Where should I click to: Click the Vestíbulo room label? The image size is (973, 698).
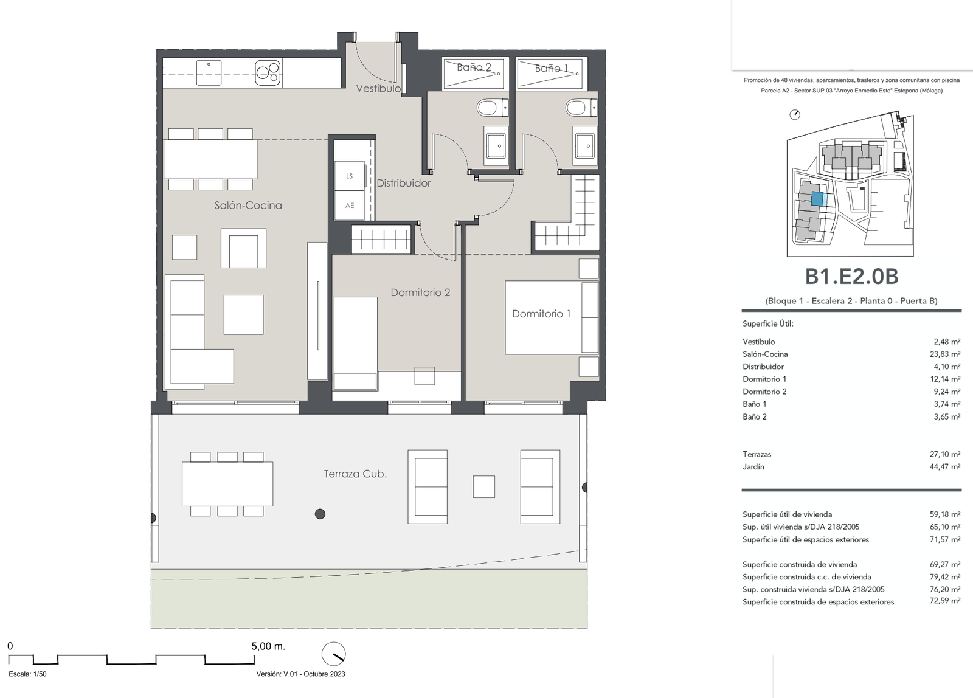378,88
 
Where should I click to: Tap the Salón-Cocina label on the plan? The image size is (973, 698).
248,205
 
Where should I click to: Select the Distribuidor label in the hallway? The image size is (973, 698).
404,183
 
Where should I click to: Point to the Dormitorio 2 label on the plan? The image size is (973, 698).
420,292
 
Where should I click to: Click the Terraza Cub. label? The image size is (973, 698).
355,474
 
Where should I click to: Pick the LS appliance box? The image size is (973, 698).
350,176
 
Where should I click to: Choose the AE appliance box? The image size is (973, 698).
350,205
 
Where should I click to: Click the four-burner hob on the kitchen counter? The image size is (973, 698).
268,72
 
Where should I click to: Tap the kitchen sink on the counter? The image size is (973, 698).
209,72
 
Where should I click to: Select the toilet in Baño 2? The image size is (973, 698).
492,108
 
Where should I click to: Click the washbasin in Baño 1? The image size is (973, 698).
584,146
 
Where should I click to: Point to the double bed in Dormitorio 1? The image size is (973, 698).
552,317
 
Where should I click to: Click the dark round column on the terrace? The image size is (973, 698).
320,514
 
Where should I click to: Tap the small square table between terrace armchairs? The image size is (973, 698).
484,486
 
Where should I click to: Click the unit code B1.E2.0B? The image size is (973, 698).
851,276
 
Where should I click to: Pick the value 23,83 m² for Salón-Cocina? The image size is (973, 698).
945,354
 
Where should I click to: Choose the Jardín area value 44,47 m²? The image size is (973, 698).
945,467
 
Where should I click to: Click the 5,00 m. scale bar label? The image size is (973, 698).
268,646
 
